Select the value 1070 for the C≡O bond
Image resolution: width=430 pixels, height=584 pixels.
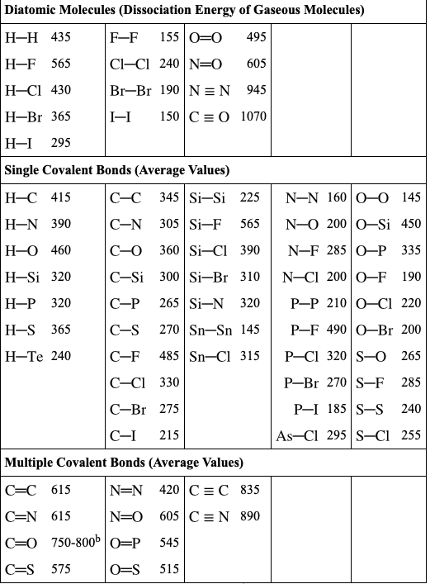point(253,116)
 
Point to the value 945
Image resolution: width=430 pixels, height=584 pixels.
point(257,90)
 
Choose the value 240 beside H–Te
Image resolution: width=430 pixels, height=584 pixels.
point(61,356)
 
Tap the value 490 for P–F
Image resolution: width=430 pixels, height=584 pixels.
point(337,330)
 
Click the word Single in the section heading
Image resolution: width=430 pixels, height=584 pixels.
point(23,170)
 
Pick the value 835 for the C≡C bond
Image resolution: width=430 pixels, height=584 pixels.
point(250,490)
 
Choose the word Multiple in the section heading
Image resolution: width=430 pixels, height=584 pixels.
point(30,462)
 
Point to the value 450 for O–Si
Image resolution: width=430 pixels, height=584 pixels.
point(410,224)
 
